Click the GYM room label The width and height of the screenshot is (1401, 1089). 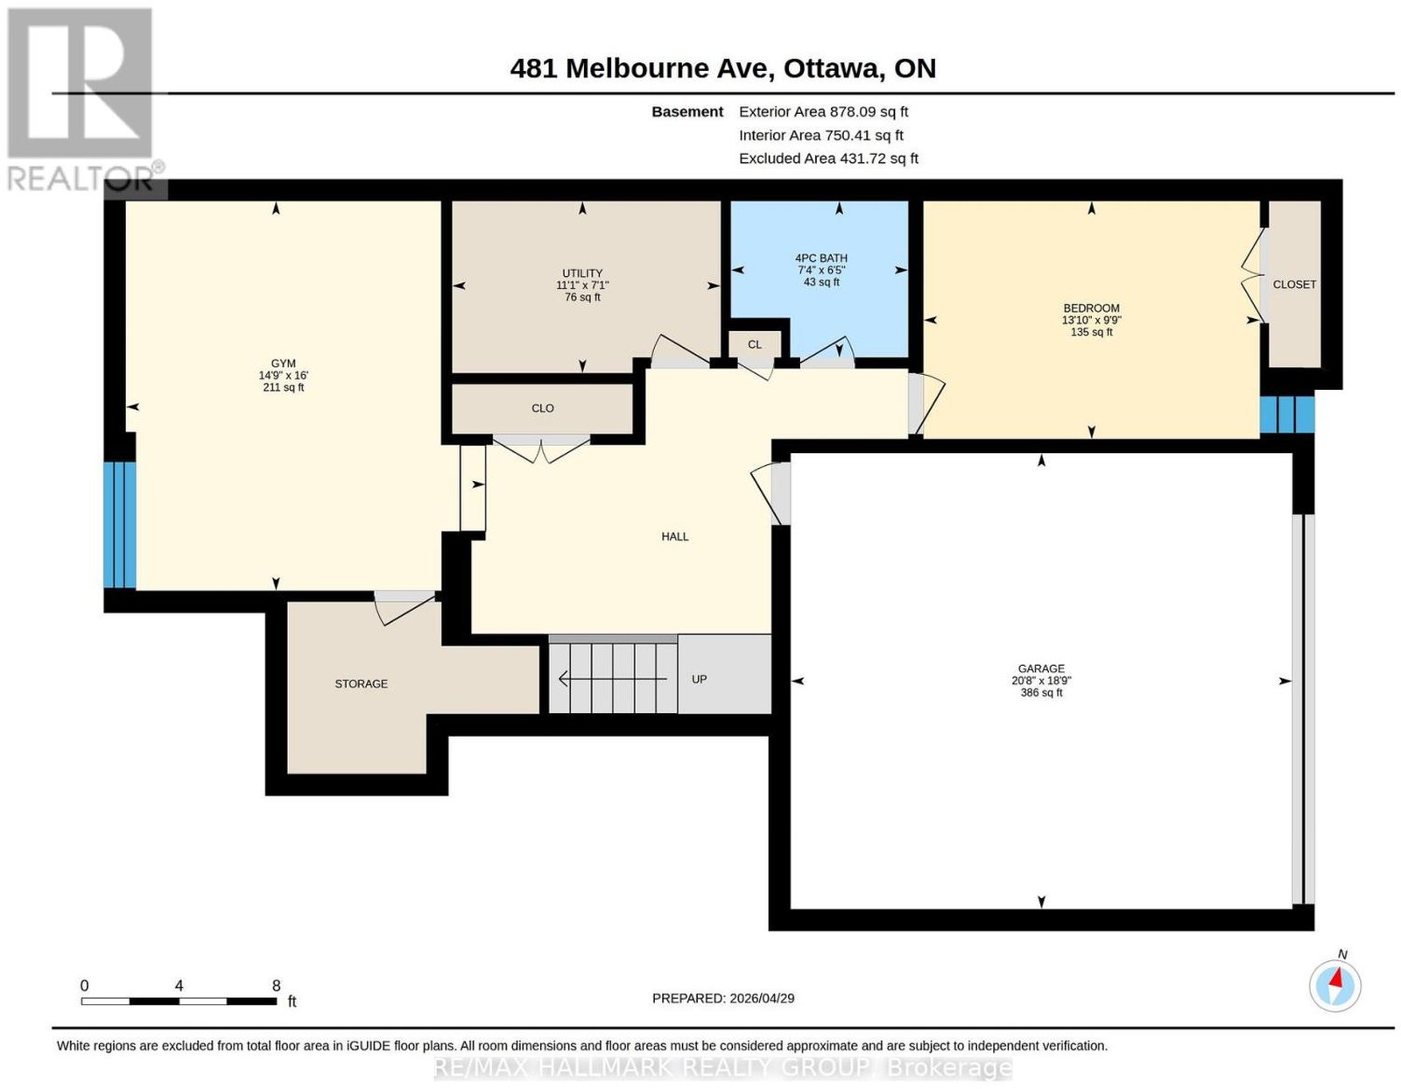tap(283, 364)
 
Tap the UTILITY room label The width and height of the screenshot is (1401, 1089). tap(582, 273)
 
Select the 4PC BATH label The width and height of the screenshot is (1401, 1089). tap(820, 258)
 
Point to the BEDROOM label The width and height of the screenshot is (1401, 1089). tap(1091, 308)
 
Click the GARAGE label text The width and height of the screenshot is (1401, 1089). tap(1041, 668)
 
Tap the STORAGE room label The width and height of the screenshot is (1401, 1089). tap(361, 683)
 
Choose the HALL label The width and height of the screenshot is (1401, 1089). tap(675, 536)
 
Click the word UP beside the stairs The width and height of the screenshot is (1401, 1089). tap(699, 679)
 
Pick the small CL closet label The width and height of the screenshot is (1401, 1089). tap(754, 344)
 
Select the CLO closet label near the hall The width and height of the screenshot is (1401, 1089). tap(542, 408)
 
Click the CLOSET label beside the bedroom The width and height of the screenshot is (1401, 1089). tap(1294, 285)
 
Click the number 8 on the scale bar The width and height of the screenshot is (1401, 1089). tap(276, 986)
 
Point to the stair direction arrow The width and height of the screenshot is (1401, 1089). tap(612, 679)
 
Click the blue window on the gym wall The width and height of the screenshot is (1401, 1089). tap(120, 525)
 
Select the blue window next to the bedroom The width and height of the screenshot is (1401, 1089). tap(1287, 414)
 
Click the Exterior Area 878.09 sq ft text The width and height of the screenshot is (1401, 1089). tap(823, 111)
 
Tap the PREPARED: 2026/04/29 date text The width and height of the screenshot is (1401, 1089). tap(723, 998)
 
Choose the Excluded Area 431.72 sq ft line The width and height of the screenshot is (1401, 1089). tap(828, 158)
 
